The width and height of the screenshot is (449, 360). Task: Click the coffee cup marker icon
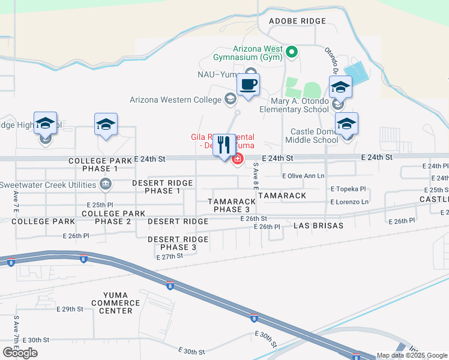[248, 84]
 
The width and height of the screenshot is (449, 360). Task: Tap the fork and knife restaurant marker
[224, 144]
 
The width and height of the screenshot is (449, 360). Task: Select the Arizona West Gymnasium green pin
[292, 52]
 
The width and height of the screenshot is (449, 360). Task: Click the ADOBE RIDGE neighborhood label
[297, 21]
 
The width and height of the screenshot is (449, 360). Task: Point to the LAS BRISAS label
[318, 226]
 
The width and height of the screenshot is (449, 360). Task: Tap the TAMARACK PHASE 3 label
[232, 205]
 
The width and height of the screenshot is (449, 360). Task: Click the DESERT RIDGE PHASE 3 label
[178, 243]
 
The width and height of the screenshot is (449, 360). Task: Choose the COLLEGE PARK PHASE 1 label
[100, 165]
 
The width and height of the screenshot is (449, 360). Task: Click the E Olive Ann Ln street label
[303, 176]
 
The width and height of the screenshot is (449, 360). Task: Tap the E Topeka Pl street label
[348, 188]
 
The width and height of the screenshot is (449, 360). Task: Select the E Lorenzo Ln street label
[349, 202]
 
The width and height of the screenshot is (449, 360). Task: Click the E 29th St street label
[70, 309]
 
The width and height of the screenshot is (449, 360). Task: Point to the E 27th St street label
[169, 257]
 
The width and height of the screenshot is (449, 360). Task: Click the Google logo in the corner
[20, 352]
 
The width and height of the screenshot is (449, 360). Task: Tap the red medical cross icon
[238, 159]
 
